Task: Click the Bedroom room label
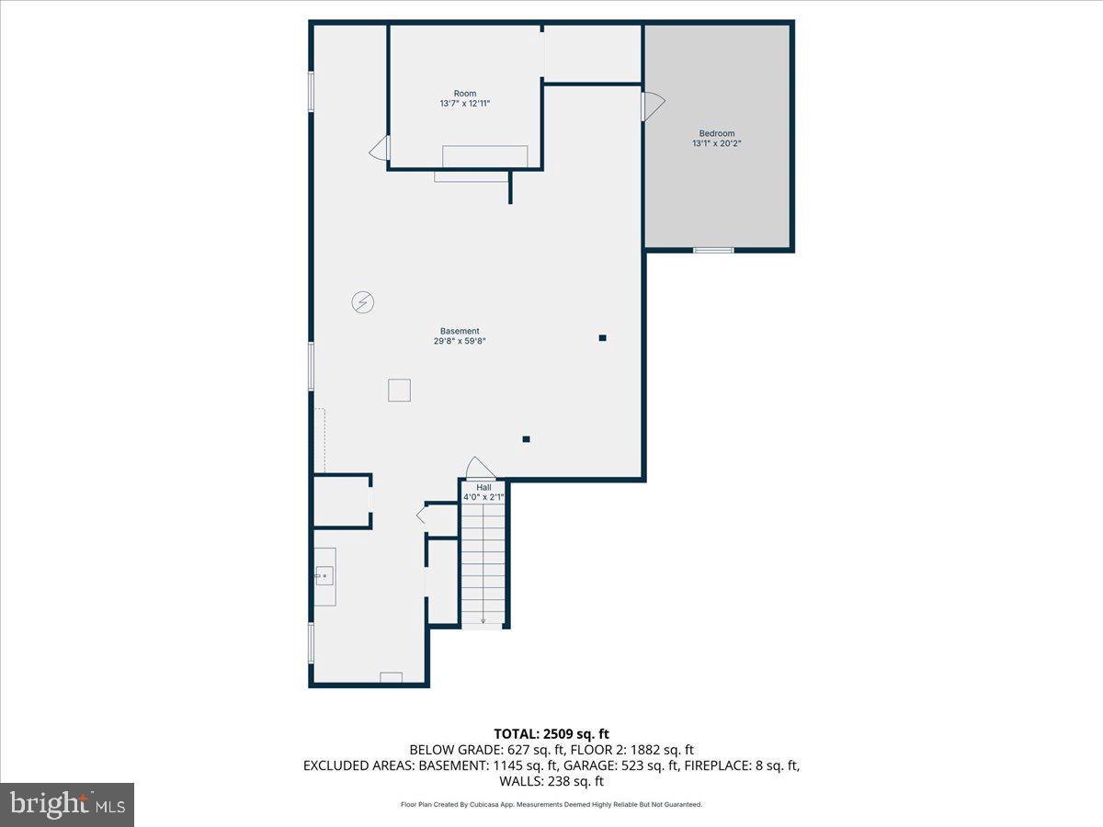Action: pyautogui.click(x=717, y=133)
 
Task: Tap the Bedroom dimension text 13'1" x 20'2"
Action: pyautogui.click(x=717, y=143)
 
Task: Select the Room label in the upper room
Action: pyautogui.click(x=465, y=94)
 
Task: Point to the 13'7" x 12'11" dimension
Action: pyautogui.click(x=465, y=104)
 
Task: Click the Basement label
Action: pyautogui.click(x=460, y=331)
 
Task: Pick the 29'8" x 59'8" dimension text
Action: pyautogui.click(x=460, y=341)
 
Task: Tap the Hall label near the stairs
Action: pyautogui.click(x=483, y=487)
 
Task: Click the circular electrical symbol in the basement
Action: pyautogui.click(x=363, y=301)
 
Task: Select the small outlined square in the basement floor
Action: pyautogui.click(x=399, y=391)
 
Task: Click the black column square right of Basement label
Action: pyautogui.click(x=603, y=338)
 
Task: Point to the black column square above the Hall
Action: pyautogui.click(x=527, y=439)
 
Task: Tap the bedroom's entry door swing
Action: pyautogui.click(x=653, y=106)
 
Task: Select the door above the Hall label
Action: pyautogui.click(x=480, y=468)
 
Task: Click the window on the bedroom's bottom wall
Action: pyautogui.click(x=713, y=249)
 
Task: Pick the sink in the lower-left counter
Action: pyautogui.click(x=324, y=576)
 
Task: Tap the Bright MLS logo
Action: pyautogui.click(x=67, y=804)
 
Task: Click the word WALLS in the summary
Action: pyautogui.click(x=522, y=782)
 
